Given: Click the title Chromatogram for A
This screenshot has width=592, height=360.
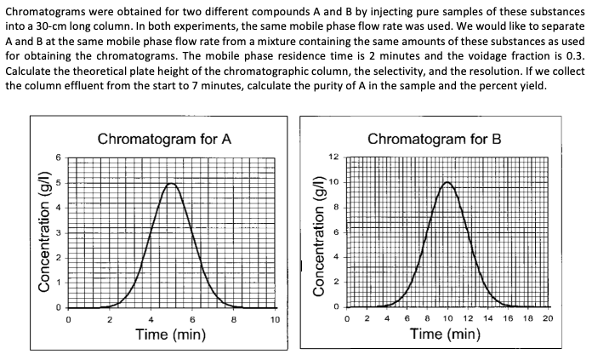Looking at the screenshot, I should coord(164,140).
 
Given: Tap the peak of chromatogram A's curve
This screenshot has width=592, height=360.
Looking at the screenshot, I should coord(172,183).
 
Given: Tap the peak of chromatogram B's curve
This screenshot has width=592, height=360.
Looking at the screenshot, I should coord(447,183).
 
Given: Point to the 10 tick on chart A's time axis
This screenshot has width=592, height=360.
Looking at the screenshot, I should coord(275,320).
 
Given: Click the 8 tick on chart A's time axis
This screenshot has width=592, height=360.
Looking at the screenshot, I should coord(234,320).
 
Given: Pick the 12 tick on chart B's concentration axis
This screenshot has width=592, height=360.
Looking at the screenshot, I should coord(333,158).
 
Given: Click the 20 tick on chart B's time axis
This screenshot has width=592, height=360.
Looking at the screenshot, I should coord(547,320).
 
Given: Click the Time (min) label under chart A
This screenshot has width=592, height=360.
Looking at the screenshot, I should coord(171,335).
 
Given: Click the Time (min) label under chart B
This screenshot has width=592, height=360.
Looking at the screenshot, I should coord(445,335).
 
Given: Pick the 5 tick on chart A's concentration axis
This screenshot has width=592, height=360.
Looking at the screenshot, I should coord(59,183).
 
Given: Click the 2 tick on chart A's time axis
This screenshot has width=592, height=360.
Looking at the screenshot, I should coord(110,320).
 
